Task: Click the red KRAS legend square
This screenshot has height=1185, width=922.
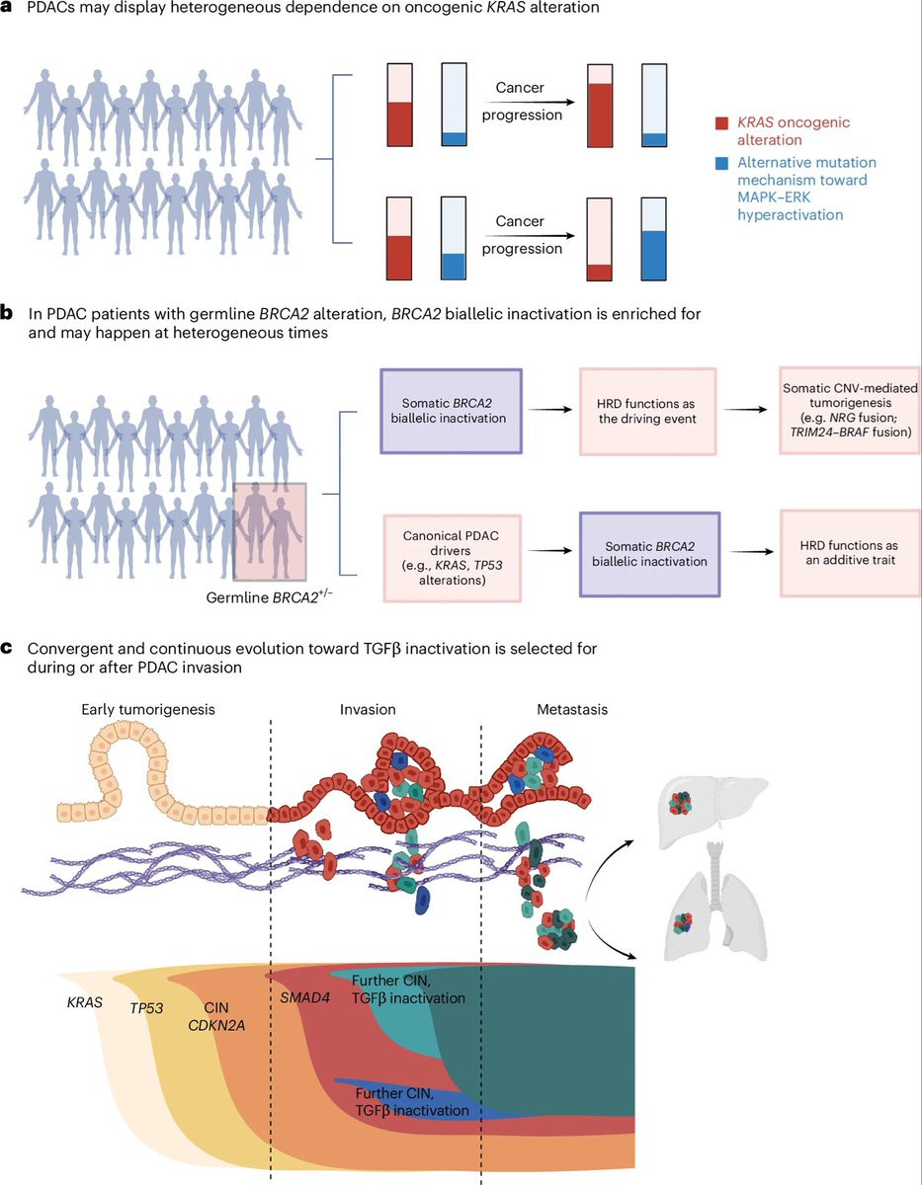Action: (x=721, y=123)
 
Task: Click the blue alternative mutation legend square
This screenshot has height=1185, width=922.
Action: (x=721, y=163)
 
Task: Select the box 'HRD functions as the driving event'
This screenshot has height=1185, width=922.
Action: (x=647, y=411)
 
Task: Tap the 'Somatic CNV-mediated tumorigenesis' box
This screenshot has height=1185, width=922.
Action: (x=850, y=410)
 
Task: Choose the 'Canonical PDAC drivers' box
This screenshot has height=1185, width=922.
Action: (x=452, y=558)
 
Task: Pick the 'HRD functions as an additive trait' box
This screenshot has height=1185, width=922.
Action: (x=850, y=553)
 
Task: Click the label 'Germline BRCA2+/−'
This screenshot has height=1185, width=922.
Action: (x=269, y=597)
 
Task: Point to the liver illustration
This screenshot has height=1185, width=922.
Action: (x=713, y=812)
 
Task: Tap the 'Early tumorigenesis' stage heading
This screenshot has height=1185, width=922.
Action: (x=148, y=709)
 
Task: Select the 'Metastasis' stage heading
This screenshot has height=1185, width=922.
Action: (x=572, y=709)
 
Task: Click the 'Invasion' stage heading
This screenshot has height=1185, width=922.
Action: (x=368, y=709)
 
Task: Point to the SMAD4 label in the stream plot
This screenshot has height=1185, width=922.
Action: (x=304, y=998)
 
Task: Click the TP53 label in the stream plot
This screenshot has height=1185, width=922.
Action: (x=146, y=1008)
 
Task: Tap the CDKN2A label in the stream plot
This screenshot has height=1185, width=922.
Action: (x=216, y=1025)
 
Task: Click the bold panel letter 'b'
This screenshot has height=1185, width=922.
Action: (x=7, y=314)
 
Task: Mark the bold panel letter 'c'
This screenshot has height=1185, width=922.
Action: (x=7, y=649)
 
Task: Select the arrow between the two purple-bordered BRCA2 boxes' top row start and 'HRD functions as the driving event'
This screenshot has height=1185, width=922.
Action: (x=549, y=409)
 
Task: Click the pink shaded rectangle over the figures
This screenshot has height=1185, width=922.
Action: (x=270, y=531)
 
